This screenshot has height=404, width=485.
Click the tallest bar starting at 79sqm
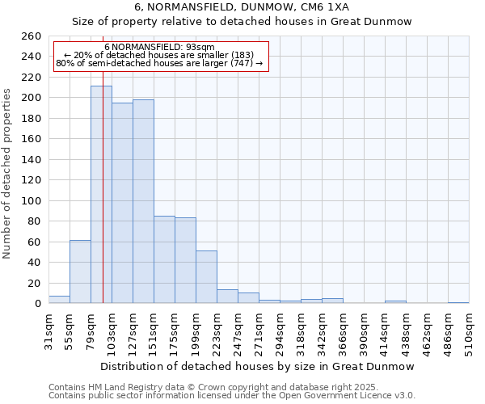101,194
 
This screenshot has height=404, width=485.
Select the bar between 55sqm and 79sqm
80,271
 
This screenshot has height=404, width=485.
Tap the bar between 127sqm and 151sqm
143,201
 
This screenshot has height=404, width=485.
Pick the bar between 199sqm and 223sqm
206,276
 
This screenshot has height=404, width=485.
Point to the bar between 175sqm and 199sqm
185,260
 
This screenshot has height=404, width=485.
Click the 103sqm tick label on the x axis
112,331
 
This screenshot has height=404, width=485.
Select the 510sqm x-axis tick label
470,331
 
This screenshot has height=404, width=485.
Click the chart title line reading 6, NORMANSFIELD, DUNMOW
242,6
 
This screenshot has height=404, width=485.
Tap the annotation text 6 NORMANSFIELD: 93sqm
159,47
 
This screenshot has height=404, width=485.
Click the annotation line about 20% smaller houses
159,55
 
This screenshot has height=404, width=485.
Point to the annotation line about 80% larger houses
159,63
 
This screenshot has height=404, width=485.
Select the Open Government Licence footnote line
232,396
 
